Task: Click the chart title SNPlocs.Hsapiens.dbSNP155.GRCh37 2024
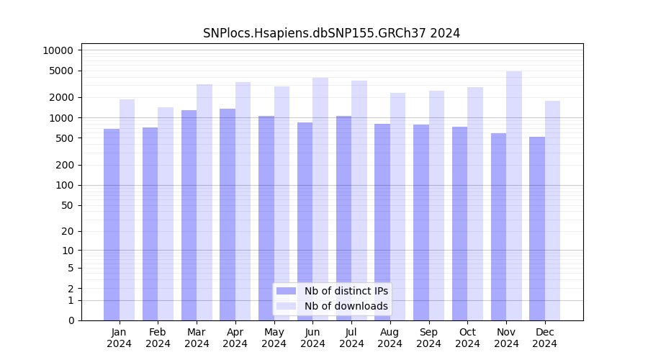pyautogui.click(x=331, y=33)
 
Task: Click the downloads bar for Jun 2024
pyautogui.click(x=320, y=199)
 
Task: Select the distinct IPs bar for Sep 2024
pyautogui.click(x=421, y=222)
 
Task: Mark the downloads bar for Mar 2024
pyautogui.click(x=204, y=202)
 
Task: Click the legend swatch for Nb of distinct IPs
pyautogui.click(x=286, y=291)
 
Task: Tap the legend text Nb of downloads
pyautogui.click(x=346, y=306)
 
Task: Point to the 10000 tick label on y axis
pyautogui.click(x=58, y=50)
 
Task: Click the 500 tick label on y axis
pyautogui.click(x=65, y=138)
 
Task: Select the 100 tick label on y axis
pyautogui.click(x=65, y=185)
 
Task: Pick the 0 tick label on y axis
pyautogui.click(x=71, y=320)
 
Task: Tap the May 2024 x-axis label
pyautogui.click(x=274, y=338)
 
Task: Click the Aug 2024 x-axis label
pyautogui.click(x=390, y=338)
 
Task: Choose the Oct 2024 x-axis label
pyautogui.click(x=467, y=338)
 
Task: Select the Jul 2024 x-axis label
pyautogui.click(x=351, y=338)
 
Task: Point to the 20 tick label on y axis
pyautogui.click(x=68, y=231)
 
